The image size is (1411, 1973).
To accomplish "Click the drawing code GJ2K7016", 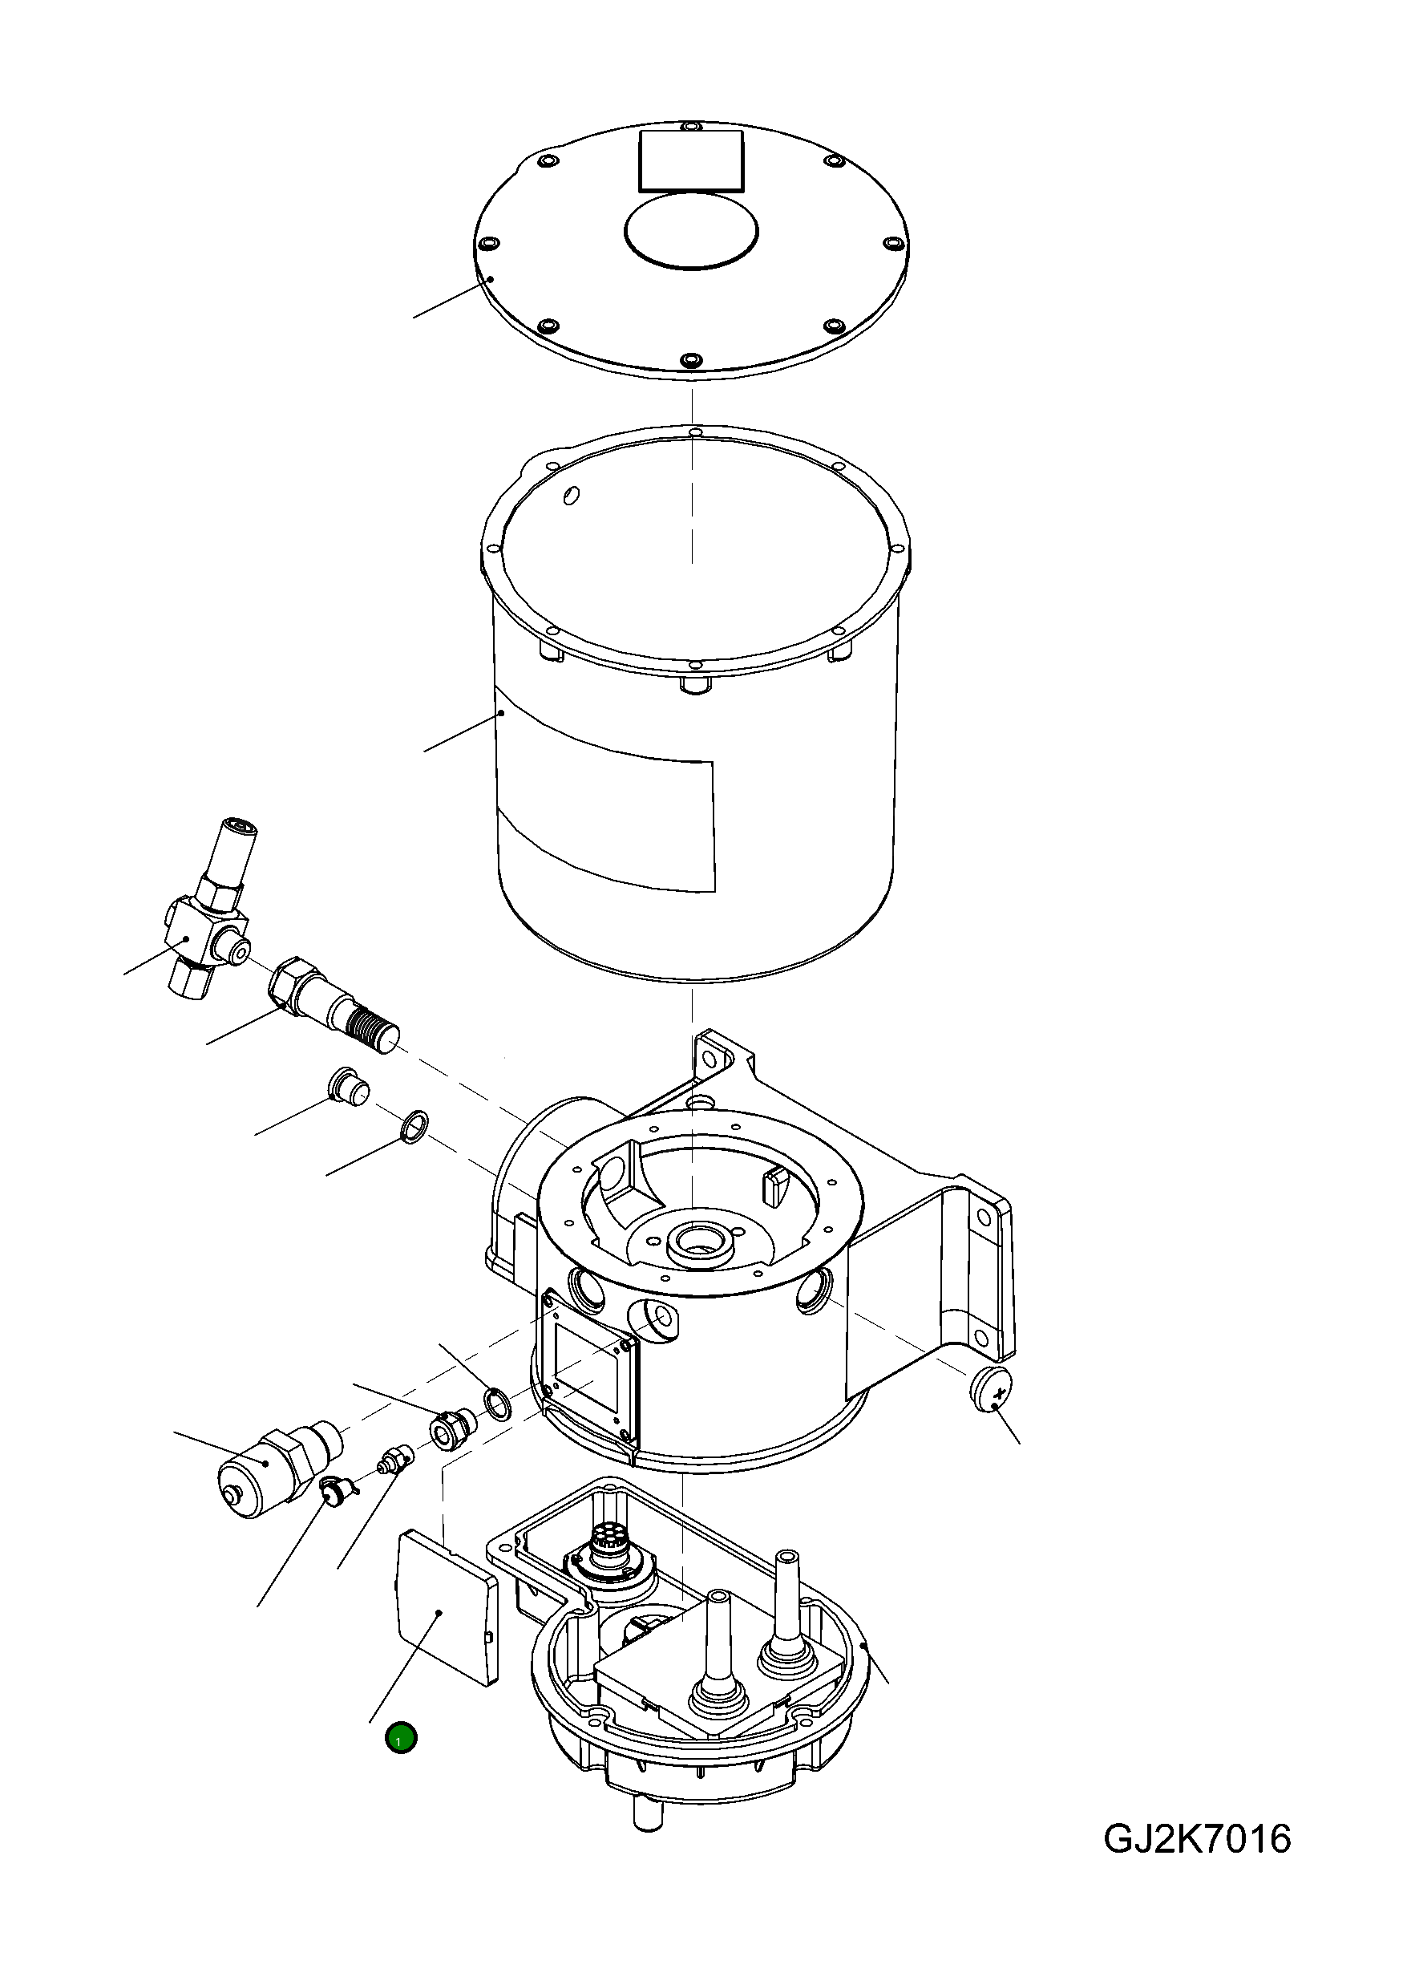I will (1196, 1839).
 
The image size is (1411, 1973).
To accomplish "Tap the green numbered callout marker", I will (401, 1738).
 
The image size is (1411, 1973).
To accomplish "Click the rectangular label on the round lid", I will (692, 160).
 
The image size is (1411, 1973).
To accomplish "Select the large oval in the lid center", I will (691, 229).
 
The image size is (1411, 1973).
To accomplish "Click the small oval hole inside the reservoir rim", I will (571, 495).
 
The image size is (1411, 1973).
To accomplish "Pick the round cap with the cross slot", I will (993, 1388).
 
